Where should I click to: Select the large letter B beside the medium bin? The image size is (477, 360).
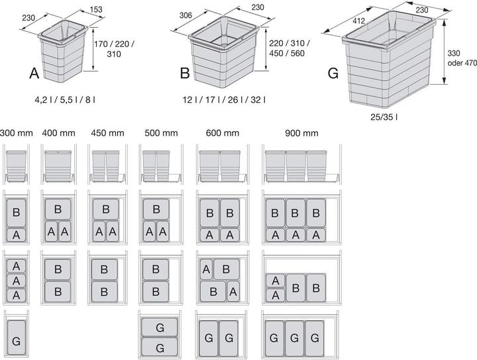(185, 72)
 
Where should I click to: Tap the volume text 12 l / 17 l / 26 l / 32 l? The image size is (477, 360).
(225, 99)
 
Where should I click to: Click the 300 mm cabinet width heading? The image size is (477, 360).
(16, 133)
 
